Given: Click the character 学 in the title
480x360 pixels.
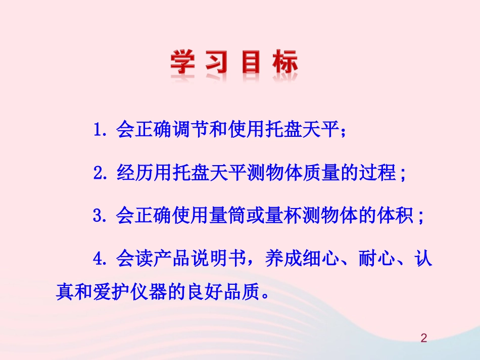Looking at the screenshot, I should pos(183,64).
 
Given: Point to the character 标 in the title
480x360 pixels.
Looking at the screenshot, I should pos(283,64).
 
